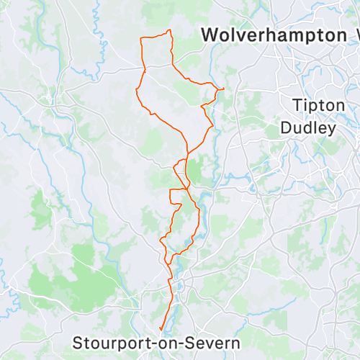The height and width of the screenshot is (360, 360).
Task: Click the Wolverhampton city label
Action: click(273, 35)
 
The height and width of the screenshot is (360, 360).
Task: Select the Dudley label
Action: click(308, 128)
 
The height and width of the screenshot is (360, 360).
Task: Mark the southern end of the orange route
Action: click(159, 332)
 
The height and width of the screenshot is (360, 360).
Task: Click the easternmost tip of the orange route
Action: click(225, 88)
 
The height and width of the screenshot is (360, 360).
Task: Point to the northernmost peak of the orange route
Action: click(169, 30)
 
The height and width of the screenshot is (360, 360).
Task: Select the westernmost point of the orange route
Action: click(135, 89)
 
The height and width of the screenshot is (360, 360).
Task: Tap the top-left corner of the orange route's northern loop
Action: click(141, 39)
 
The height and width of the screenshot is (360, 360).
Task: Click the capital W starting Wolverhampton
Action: click(211, 35)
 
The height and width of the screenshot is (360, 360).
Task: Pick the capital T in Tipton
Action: click(297, 105)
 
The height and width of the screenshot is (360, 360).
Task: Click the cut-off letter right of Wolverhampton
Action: click(354, 35)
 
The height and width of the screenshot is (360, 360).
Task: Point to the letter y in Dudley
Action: click(331, 130)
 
